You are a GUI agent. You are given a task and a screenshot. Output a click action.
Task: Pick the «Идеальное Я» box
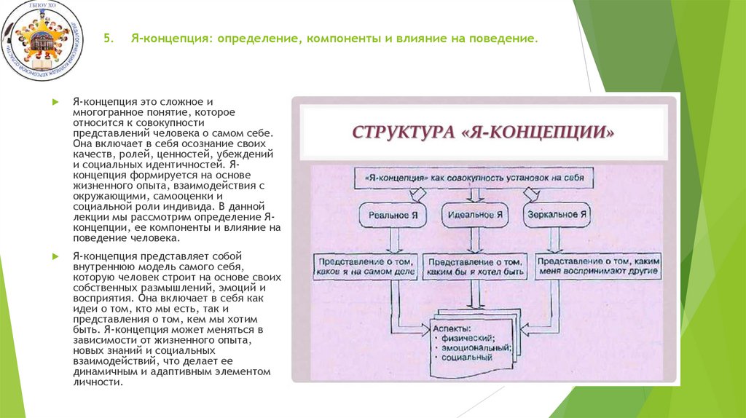[x=474, y=215]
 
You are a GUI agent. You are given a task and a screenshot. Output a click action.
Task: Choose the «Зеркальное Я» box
[x=556, y=215]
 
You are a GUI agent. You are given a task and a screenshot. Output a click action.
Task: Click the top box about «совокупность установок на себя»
[x=474, y=177]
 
